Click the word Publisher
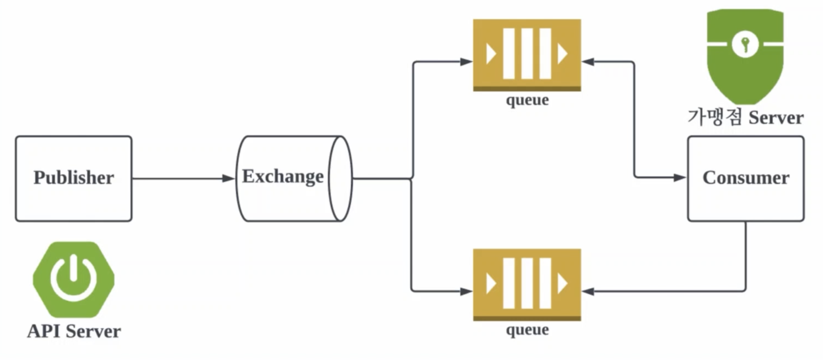point(74,178)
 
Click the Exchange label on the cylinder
point(283,177)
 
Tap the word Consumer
point(746,178)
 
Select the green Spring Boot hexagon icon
point(74,280)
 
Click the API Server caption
point(74,331)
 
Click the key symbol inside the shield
point(745,45)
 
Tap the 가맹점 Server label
point(745,118)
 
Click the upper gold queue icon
point(527,54)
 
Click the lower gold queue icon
point(527,284)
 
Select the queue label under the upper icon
point(527,100)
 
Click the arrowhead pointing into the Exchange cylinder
point(228,178)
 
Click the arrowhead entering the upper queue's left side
point(466,62)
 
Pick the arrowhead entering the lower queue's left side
point(466,291)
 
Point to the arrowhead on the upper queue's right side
point(588,62)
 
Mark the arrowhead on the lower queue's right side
point(588,291)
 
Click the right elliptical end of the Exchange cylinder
point(340,179)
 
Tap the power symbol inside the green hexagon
point(74,279)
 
